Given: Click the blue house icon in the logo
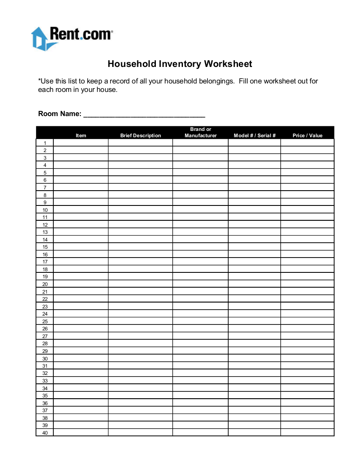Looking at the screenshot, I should (x=39, y=39).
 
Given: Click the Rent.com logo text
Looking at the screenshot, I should (x=80, y=34).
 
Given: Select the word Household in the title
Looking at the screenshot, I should (x=132, y=64).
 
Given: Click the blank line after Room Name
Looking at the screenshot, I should (x=144, y=114).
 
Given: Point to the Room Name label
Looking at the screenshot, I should (x=60, y=114).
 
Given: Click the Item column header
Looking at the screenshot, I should (x=81, y=136).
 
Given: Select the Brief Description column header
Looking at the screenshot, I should (x=141, y=136).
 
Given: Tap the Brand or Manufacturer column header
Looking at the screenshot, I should (x=201, y=133).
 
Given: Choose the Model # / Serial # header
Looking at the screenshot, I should (x=255, y=136).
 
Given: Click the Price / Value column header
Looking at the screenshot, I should (x=307, y=136).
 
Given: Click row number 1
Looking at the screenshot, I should (x=45, y=143).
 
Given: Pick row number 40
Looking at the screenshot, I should (x=45, y=433).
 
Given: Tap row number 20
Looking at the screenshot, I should (x=45, y=284).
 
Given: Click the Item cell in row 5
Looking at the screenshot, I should (x=81, y=172).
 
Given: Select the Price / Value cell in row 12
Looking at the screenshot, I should (x=307, y=225).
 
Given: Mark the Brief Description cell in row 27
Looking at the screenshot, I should (x=141, y=336).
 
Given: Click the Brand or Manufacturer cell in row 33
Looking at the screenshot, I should (x=200, y=380).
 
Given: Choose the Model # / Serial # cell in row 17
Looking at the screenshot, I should (x=255, y=262).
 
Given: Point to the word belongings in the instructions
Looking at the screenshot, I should (x=215, y=81).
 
